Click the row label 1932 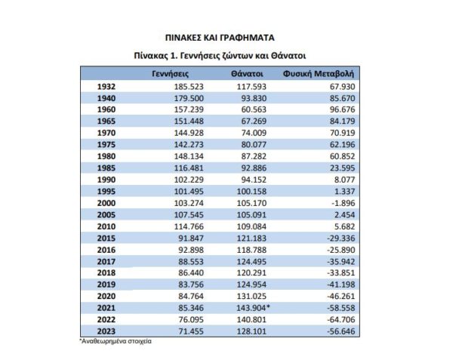click(x=106, y=88)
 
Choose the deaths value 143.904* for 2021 click(x=248, y=309)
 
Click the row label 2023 click(x=106, y=332)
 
